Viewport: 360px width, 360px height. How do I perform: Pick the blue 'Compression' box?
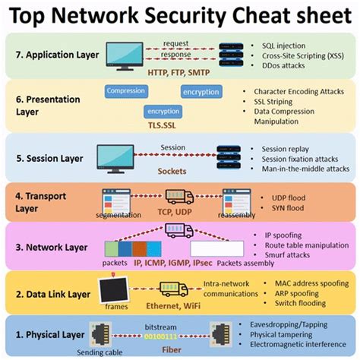[x=125, y=91]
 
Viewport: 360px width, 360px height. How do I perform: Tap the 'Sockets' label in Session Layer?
[x=172, y=171]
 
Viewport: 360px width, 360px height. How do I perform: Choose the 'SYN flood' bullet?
[x=279, y=207]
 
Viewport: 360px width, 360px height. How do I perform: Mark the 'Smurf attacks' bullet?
[x=289, y=256]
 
